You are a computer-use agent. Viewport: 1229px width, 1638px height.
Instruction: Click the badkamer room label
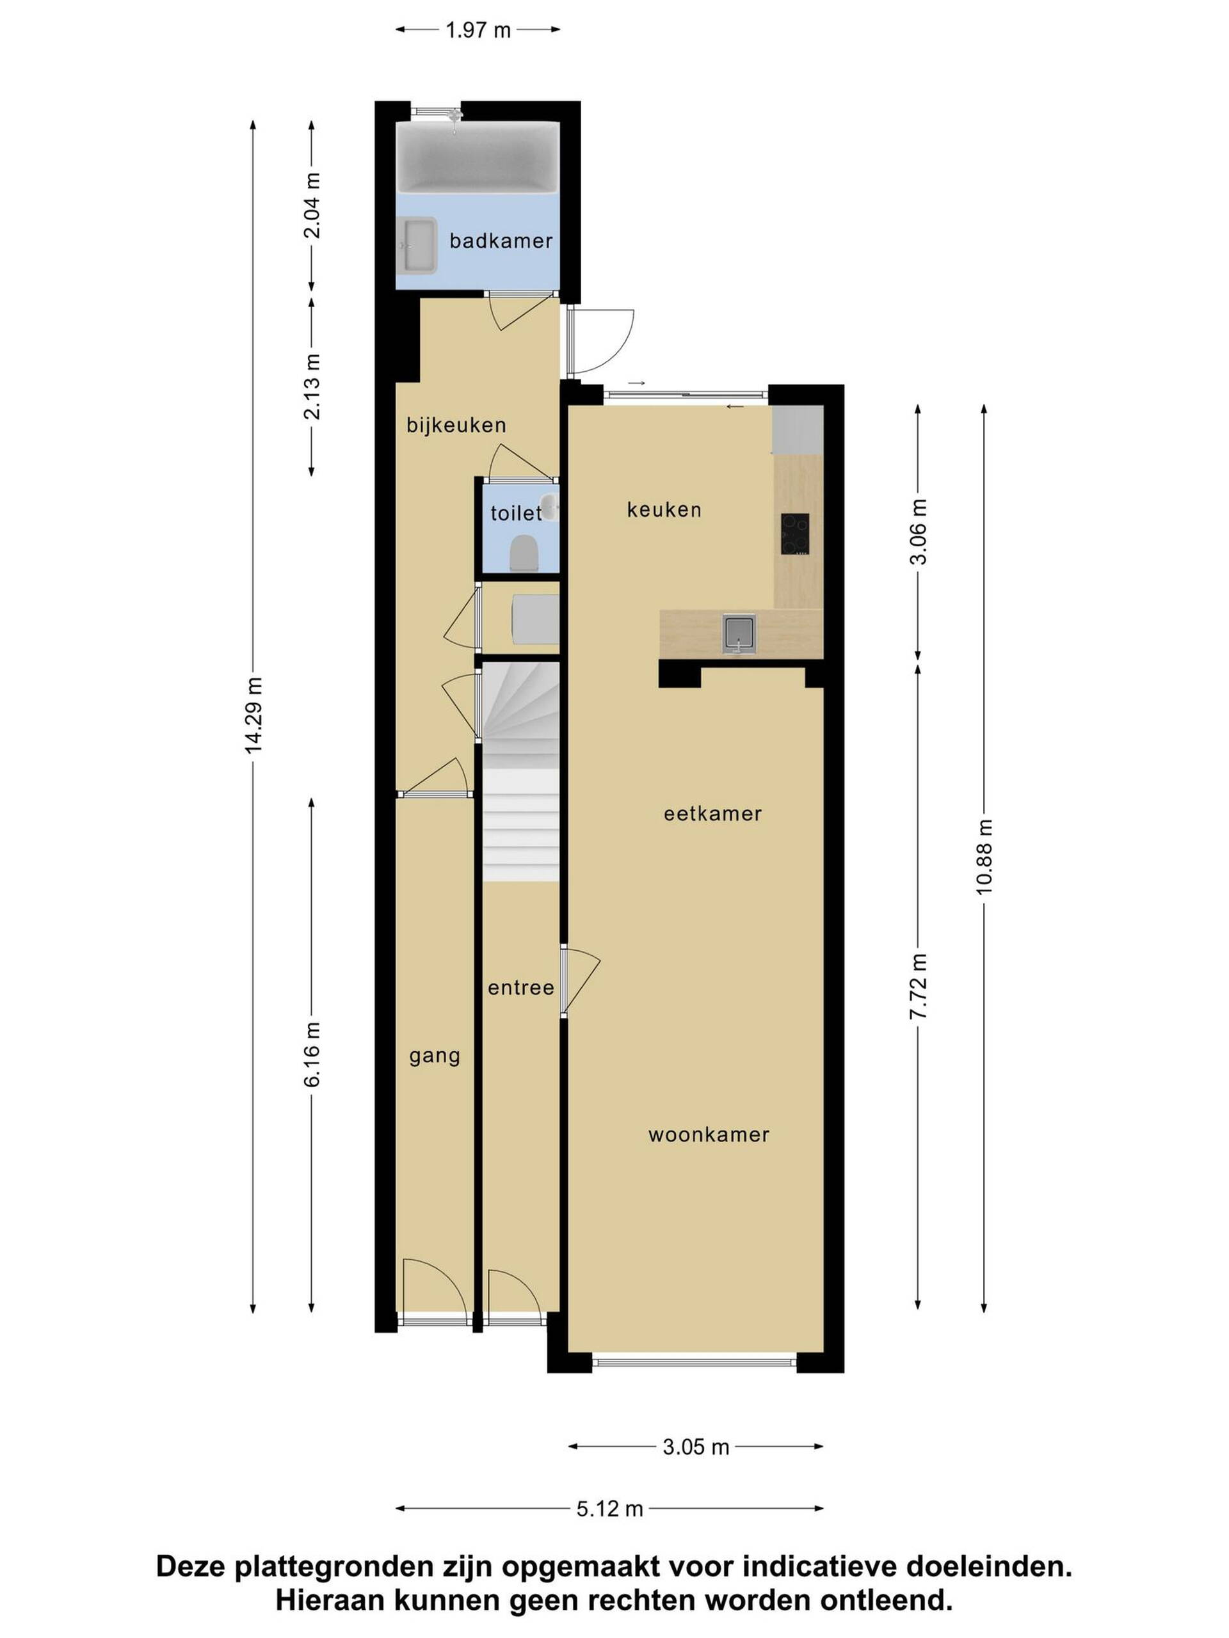501,241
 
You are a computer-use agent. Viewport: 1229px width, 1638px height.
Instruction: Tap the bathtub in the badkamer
477,157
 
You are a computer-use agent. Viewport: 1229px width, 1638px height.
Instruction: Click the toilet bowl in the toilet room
524,554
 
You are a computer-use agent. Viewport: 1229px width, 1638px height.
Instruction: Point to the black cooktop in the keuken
795,534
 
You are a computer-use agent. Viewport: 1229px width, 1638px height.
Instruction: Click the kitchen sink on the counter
740,635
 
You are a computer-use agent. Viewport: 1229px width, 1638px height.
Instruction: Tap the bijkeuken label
456,425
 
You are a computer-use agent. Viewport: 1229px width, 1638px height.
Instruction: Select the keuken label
664,509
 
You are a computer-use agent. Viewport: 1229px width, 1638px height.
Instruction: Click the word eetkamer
712,814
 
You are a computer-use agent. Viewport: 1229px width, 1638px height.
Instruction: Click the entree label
521,988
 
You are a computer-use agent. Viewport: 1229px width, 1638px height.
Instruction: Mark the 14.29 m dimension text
254,715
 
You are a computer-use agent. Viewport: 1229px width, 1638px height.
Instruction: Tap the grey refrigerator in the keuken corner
798,429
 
